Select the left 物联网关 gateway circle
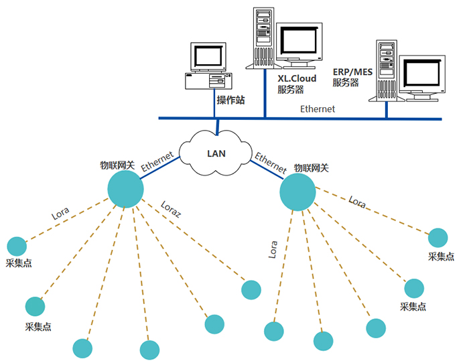(x=125, y=189)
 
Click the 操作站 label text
(x=230, y=100)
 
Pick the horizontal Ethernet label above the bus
(x=318, y=109)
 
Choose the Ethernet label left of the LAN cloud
(x=157, y=163)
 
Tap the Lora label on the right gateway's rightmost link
(x=358, y=202)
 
